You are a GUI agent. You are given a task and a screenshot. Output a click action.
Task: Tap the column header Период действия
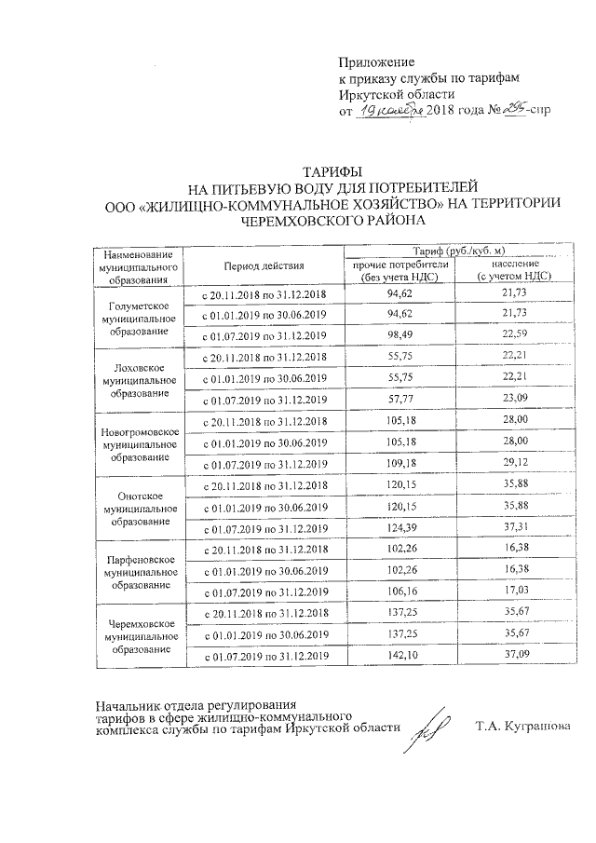coord(265,265)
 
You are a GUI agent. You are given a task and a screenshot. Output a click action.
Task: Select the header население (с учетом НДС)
coord(511,270)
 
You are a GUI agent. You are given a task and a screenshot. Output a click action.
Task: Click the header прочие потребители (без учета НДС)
coord(400,270)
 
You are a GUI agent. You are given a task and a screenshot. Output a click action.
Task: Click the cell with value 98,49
coord(400,336)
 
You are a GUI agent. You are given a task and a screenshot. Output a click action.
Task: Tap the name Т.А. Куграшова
coord(521,726)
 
